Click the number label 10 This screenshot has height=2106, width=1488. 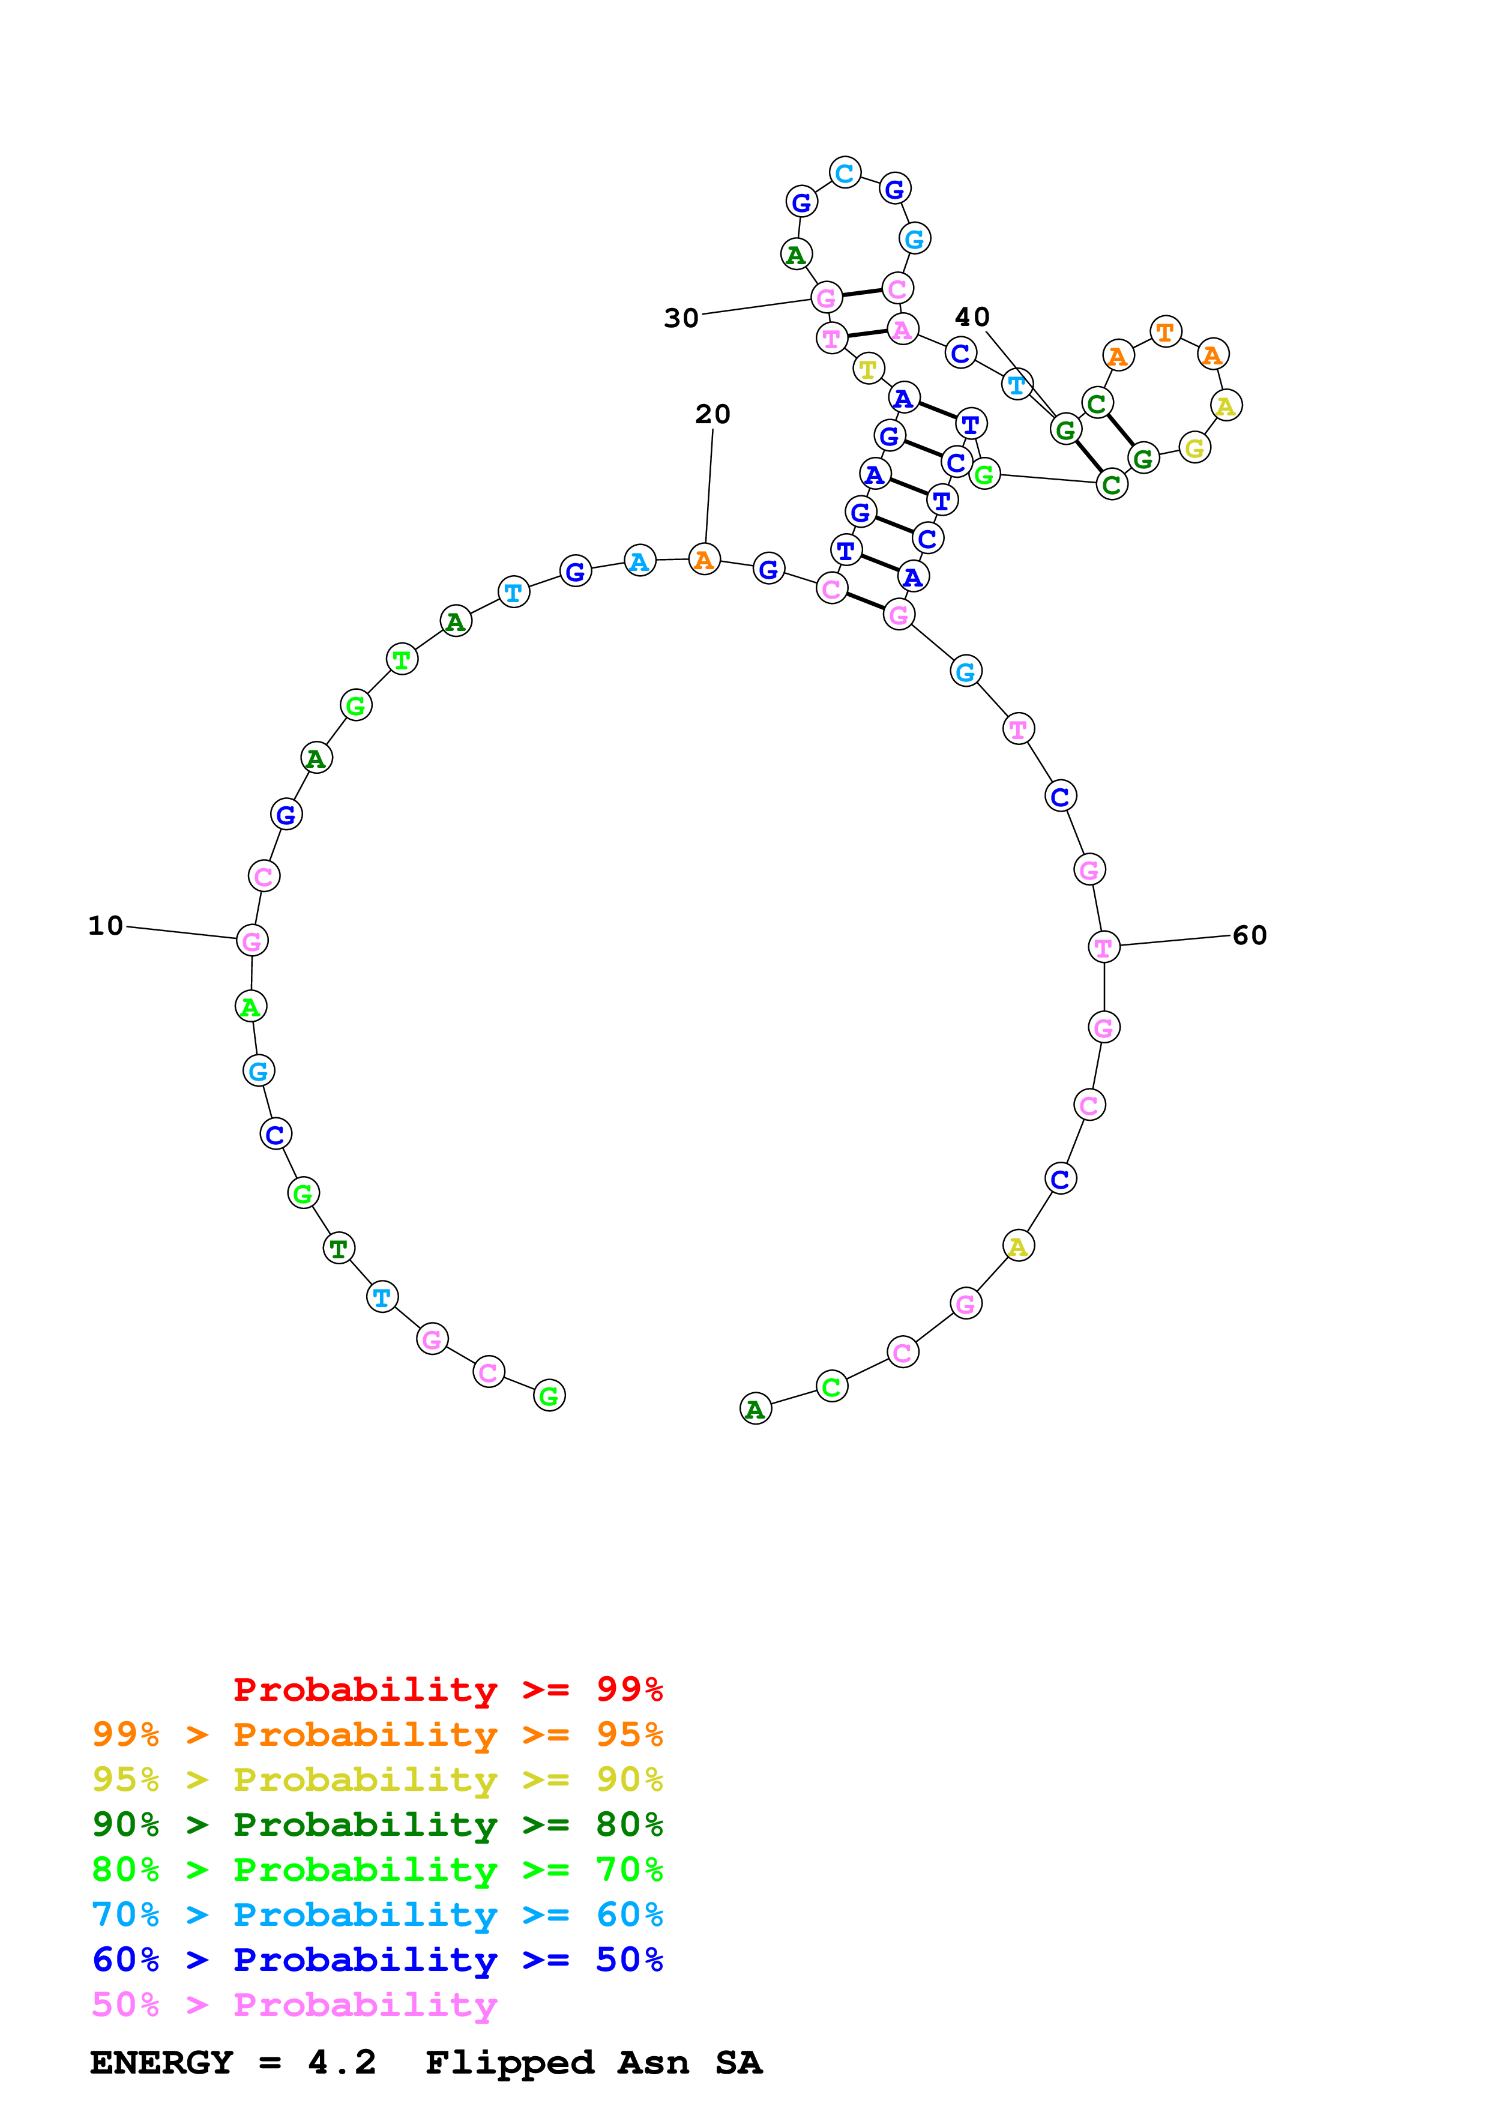pyautogui.click(x=106, y=926)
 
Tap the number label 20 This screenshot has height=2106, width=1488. pyautogui.click(x=712, y=415)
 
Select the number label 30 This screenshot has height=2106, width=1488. pyautogui.click(x=681, y=318)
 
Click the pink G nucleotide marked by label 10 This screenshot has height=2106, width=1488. pyautogui.click(x=252, y=940)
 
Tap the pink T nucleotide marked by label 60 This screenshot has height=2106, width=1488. pyautogui.click(x=1104, y=947)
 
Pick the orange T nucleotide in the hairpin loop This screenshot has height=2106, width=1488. pyautogui.click(x=1165, y=331)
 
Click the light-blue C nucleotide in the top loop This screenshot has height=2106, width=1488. pyautogui.click(x=845, y=172)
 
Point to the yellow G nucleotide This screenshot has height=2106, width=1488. pyautogui.click(x=1194, y=448)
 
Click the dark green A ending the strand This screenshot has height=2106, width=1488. pyautogui.click(x=756, y=1409)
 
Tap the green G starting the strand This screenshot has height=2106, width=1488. pyautogui.click(x=549, y=1395)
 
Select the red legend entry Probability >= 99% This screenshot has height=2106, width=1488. pyautogui.click(x=447, y=1689)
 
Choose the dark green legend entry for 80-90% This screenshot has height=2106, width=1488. pyautogui.click(x=377, y=1824)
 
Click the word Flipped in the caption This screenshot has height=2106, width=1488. pyautogui.click(x=510, y=2063)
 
